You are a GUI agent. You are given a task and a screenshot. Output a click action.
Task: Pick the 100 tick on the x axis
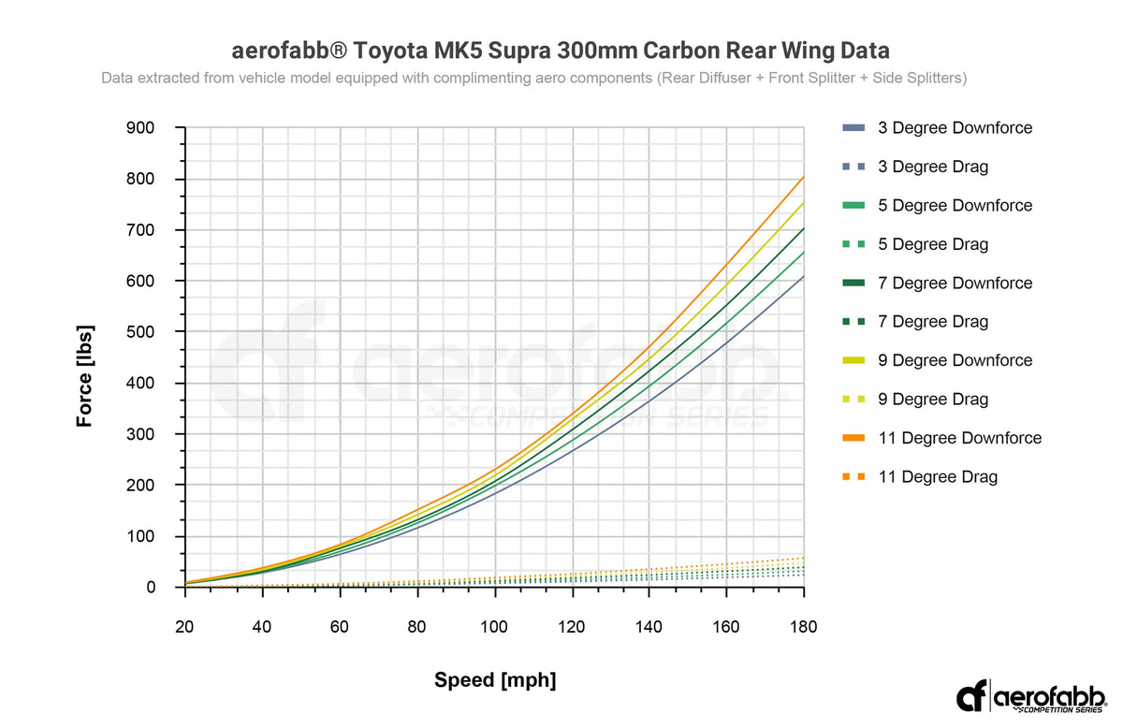tap(494, 626)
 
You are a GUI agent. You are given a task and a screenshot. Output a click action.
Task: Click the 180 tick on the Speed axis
tap(803, 626)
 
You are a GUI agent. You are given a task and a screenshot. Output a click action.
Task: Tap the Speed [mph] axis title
tap(494, 680)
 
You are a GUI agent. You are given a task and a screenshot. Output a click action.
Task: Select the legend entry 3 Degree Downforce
tap(955, 128)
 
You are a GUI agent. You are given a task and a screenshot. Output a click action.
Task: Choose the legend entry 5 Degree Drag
tap(932, 244)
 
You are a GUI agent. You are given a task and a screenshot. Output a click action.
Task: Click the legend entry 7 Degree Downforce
tap(955, 284)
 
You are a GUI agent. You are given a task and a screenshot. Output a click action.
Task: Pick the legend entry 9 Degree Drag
tap(932, 400)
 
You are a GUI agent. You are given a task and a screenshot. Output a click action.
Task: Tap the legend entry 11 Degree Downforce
tap(959, 438)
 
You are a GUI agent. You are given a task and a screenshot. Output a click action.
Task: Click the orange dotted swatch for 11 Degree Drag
tap(853, 477)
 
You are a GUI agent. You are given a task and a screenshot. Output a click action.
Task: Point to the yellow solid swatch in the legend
tap(853, 361)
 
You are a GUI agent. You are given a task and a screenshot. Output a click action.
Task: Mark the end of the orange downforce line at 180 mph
tap(803, 177)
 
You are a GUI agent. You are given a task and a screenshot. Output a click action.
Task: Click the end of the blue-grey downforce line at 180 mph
tap(803, 276)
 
